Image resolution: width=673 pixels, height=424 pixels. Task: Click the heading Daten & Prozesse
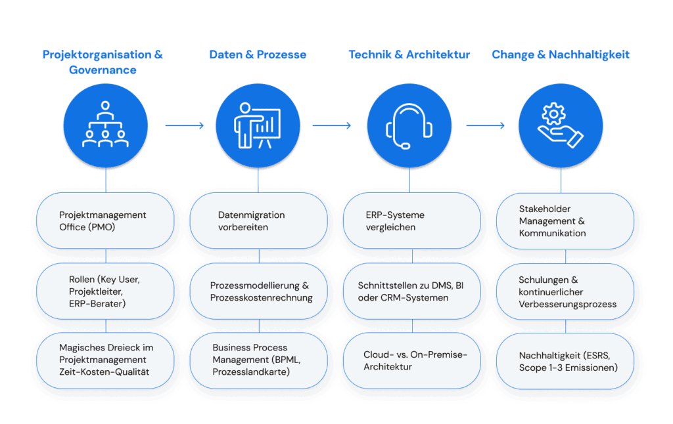258,54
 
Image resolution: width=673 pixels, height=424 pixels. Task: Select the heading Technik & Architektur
409,54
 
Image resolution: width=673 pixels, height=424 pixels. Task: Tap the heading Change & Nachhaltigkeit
560,54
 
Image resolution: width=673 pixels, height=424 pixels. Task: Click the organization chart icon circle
105,125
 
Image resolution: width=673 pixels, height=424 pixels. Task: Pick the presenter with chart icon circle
258,125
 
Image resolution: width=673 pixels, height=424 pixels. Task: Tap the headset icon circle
409,125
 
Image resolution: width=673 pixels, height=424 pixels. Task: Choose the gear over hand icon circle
561,125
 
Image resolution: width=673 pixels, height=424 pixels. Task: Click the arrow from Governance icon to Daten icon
184,125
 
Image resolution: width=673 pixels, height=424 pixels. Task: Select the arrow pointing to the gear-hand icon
485,125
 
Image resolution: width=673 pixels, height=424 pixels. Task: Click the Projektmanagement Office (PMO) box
105,221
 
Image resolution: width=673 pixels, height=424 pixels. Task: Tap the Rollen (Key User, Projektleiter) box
105,291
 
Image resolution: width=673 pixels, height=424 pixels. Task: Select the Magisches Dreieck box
105,360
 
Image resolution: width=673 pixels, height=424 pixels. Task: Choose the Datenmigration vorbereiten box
258,221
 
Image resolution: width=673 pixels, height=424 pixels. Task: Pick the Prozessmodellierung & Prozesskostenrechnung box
258,291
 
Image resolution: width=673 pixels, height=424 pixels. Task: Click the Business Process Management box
258,360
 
